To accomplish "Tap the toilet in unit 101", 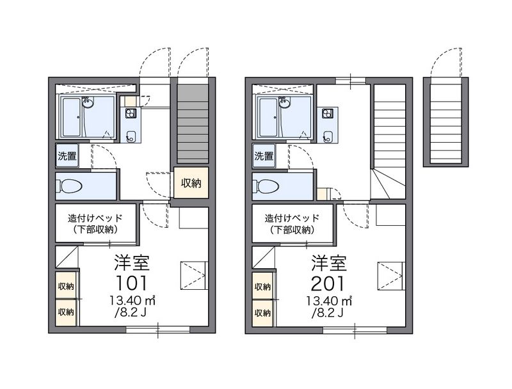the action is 69,186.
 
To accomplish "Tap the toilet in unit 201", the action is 266,186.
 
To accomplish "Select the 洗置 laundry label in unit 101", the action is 67,156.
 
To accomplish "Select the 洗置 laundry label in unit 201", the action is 264,156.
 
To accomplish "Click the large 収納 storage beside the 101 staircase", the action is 191,183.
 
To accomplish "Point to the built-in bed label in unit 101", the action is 95,223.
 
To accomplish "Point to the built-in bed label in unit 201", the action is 292,223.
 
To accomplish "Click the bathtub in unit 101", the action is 72,117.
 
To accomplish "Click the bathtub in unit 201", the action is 268,117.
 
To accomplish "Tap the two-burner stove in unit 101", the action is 131,113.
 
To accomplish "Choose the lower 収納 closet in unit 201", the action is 263,313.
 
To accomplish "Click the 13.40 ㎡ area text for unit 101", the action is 132,301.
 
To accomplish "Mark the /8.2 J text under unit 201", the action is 328,313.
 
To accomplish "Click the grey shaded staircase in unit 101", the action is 193,124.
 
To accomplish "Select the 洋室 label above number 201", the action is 329,263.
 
